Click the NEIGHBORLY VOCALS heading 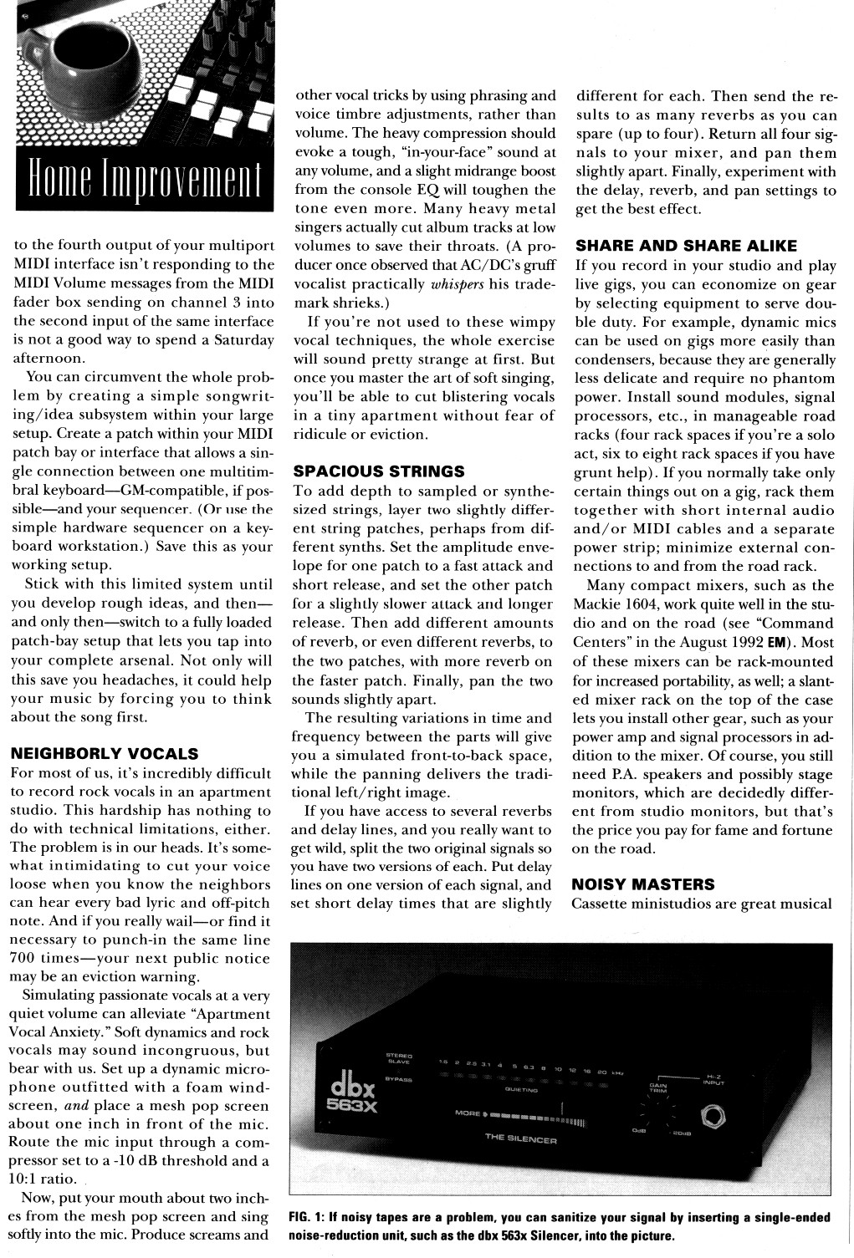pyautogui.click(x=105, y=753)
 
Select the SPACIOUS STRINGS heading pyautogui.click(x=378, y=471)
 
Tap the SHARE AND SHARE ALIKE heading pyautogui.click(x=686, y=246)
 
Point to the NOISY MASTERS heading pyautogui.click(x=642, y=884)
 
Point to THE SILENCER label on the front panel pyautogui.click(x=521, y=1139)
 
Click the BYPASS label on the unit pyautogui.click(x=399, y=1079)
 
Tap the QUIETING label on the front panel pyautogui.click(x=520, y=1090)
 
